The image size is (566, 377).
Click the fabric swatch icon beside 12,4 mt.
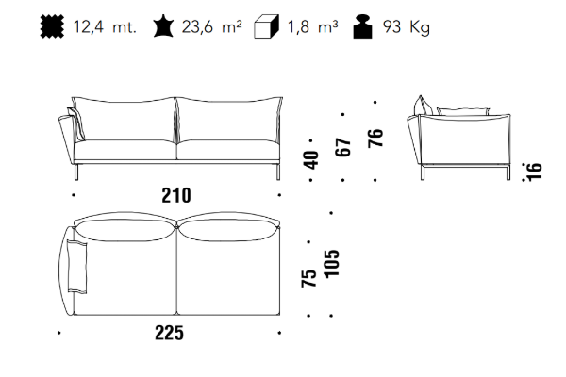tap(52, 26)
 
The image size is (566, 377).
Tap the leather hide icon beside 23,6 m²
tap(163, 25)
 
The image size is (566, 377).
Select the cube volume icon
tap(266, 26)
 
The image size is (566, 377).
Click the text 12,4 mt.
tap(105, 27)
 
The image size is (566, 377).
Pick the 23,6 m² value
tap(212, 26)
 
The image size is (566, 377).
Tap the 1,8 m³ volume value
tap(312, 26)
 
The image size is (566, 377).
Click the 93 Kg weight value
tap(407, 27)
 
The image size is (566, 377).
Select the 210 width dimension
tap(176, 195)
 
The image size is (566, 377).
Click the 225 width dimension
tap(169, 333)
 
